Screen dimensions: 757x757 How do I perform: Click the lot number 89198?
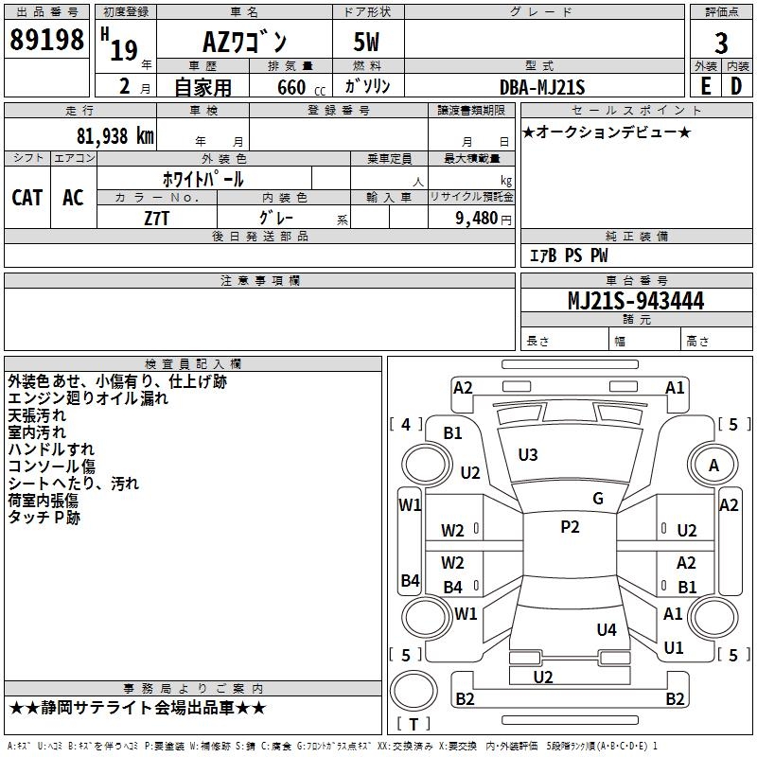(46, 41)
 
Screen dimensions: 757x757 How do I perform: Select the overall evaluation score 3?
(721, 43)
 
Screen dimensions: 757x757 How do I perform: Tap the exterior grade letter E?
(705, 86)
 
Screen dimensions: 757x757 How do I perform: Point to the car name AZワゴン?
(246, 42)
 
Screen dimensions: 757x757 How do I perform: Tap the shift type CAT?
(26, 197)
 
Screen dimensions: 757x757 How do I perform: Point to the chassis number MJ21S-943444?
(635, 301)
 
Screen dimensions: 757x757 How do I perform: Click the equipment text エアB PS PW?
(569, 255)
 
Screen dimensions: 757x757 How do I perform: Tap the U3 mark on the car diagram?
(528, 455)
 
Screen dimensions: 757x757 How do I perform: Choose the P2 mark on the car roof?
(570, 527)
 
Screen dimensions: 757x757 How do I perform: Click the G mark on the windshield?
(598, 499)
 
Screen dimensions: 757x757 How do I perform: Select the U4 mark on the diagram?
(607, 629)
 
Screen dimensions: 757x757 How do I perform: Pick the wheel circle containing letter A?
(713, 465)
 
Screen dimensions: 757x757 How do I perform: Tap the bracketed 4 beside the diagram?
(406, 425)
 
